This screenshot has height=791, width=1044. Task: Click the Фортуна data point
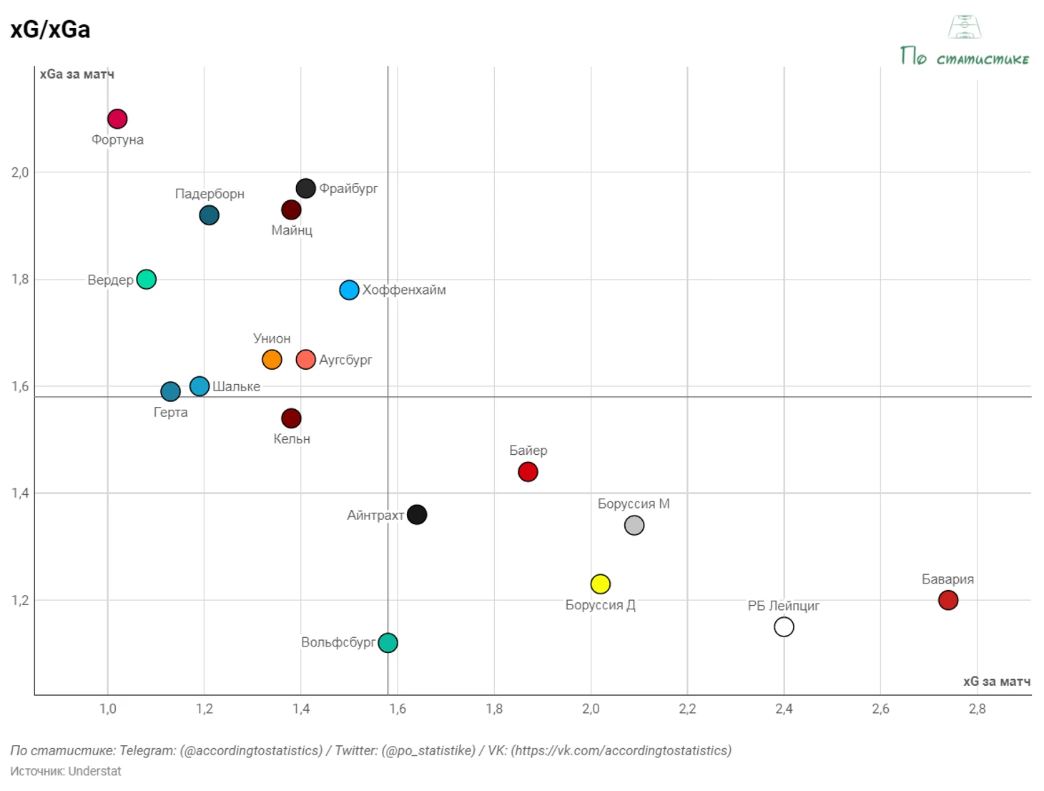tap(117, 119)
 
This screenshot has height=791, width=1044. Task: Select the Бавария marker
tap(948, 600)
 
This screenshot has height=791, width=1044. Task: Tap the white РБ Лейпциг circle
tap(784, 627)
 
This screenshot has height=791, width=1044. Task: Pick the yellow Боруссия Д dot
tap(601, 584)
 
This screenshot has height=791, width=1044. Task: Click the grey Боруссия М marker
tap(634, 525)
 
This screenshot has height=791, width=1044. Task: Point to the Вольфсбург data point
tap(388, 642)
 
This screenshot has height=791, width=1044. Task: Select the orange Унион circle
tap(272, 359)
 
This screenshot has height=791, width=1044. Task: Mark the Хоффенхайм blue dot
tap(349, 290)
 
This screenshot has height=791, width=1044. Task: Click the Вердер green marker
tap(146, 279)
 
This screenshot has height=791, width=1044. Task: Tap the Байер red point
tap(528, 472)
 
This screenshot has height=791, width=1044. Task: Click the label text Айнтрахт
tap(375, 515)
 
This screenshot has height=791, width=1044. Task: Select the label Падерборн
tap(210, 194)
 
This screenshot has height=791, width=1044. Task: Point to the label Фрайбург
tap(348, 188)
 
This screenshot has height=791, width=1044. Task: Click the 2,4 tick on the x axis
tap(784, 709)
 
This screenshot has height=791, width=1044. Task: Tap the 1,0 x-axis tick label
tap(107, 709)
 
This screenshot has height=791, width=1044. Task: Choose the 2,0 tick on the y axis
tap(20, 172)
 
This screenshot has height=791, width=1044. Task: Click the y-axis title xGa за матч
tap(77, 74)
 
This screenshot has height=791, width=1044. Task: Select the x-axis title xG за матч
tap(996, 682)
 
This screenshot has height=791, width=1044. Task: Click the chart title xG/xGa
tap(50, 29)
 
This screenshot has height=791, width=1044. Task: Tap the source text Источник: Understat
tap(66, 771)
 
